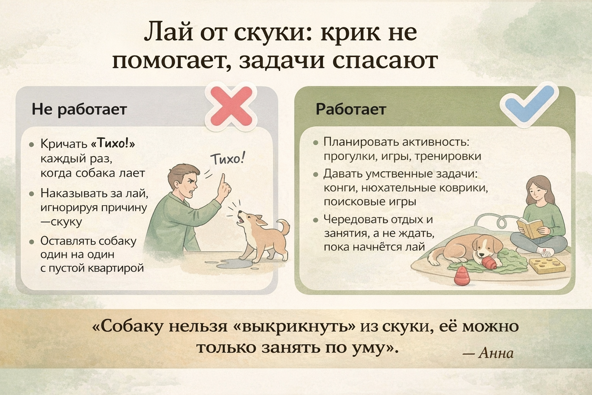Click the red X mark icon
point(231,106)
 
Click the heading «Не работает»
point(79,109)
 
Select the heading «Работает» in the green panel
point(351,109)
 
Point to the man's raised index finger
point(223,180)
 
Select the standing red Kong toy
point(461,275)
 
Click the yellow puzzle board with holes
point(547,266)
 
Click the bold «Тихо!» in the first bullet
point(113,143)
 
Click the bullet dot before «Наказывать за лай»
point(32,194)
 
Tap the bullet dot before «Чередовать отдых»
point(315,220)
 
